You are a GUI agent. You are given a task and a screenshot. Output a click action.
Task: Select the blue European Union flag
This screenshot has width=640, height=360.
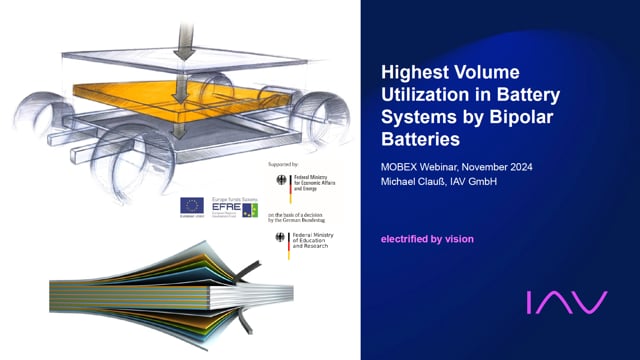[x=192, y=205]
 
